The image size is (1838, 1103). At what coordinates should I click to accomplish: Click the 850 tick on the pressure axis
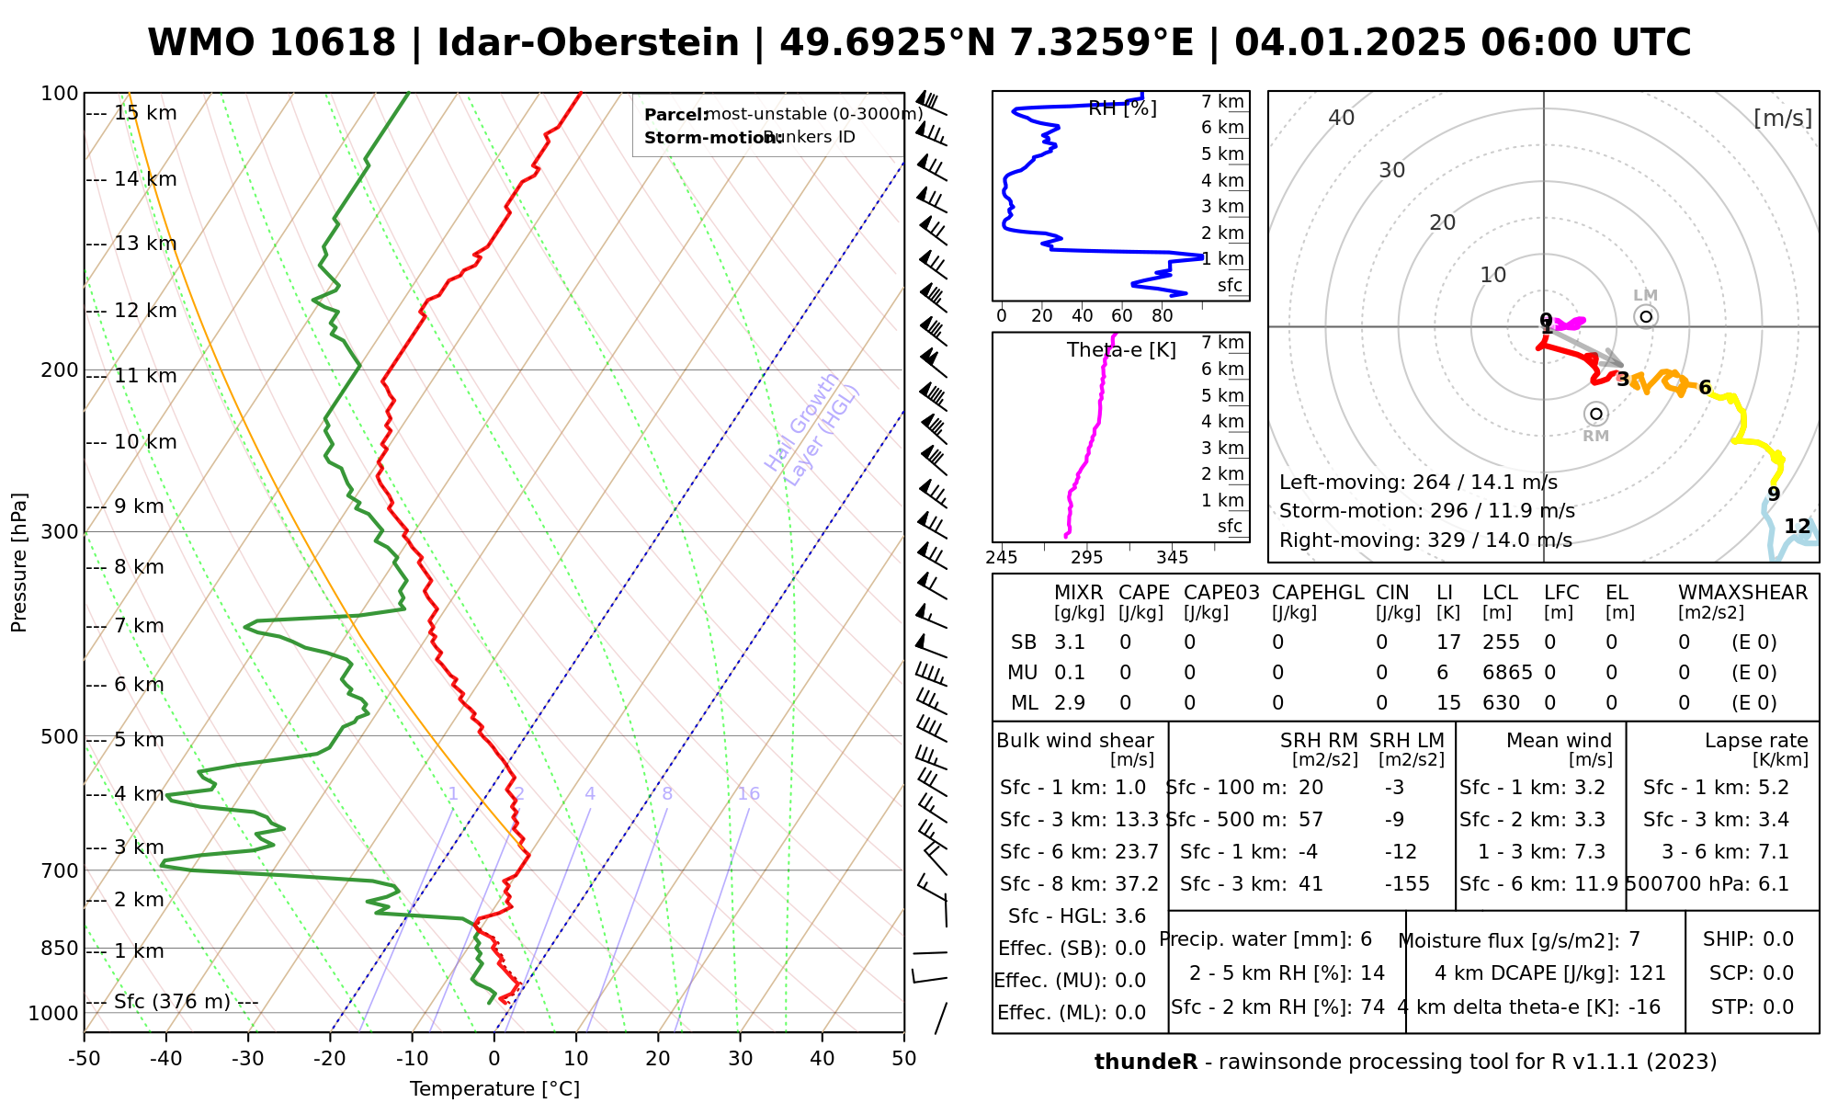61,948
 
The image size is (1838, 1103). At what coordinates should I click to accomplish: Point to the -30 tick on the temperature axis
248,1058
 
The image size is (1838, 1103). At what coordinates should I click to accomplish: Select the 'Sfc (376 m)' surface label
172,1001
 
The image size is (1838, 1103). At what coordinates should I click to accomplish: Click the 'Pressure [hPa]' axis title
19,563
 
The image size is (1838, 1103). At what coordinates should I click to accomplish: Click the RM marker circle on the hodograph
1596,414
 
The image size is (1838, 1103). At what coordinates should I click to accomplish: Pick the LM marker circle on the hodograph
1646,316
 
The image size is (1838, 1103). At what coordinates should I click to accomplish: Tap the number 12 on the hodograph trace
1797,527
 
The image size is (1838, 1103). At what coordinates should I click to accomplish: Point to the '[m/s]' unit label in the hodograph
1783,118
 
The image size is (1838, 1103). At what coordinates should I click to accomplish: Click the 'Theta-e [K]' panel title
1121,350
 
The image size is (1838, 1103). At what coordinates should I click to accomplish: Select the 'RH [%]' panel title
1122,108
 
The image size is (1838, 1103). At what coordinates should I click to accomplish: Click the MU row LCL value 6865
1507,673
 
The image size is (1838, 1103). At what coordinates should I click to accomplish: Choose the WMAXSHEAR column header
1742,593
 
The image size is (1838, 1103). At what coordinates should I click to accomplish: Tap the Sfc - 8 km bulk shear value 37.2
1137,884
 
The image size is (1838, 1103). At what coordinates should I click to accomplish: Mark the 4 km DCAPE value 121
1647,973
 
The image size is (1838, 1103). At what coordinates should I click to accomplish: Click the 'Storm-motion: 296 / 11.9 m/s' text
1426,511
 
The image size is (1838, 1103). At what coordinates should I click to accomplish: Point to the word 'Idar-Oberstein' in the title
588,43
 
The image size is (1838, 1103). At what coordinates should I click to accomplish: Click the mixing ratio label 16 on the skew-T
748,794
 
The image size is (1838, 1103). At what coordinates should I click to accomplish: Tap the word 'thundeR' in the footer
1145,1063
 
